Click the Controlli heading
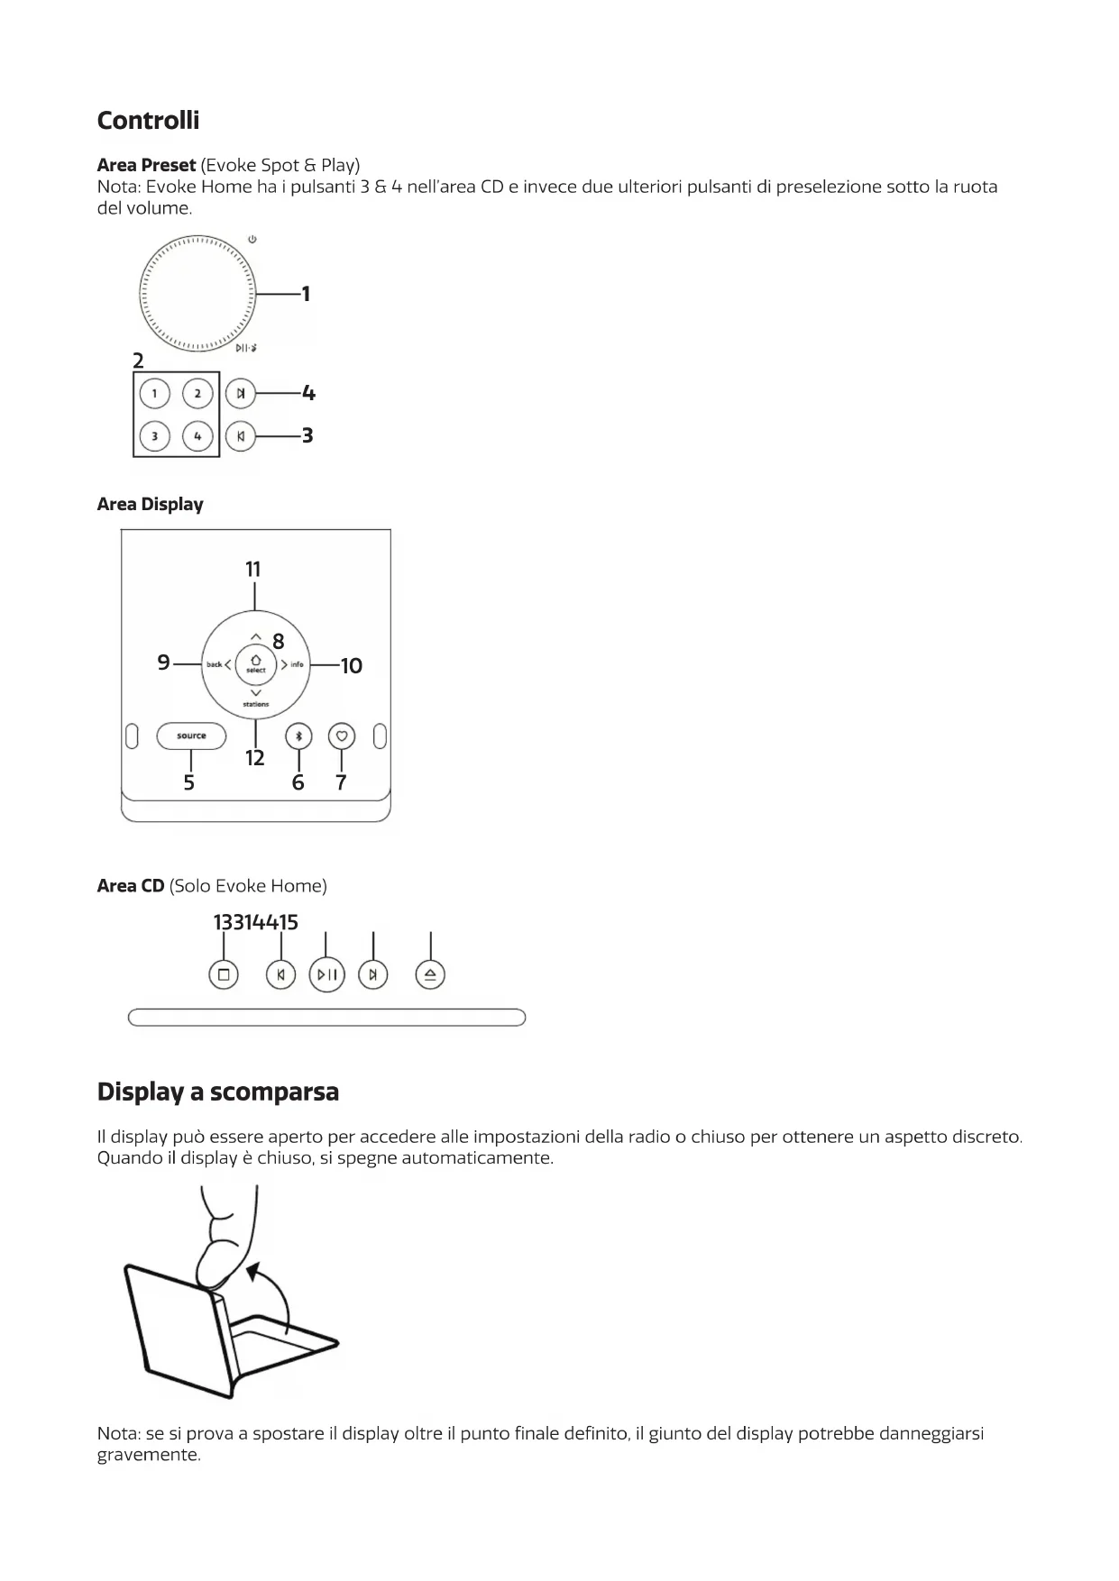click(x=148, y=120)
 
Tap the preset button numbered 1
click(x=155, y=394)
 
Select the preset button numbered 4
click(x=197, y=436)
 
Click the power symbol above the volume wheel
click(x=252, y=240)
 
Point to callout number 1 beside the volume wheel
click(x=306, y=294)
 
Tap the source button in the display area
click(x=191, y=736)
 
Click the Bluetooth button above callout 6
click(x=298, y=736)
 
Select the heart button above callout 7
click(x=342, y=736)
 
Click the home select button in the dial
click(x=256, y=663)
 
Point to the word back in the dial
click(x=214, y=665)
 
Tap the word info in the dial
click(x=297, y=665)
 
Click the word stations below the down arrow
click(x=256, y=704)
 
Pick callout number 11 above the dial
click(x=253, y=570)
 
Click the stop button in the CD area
click(x=224, y=974)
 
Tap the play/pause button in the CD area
click(x=327, y=974)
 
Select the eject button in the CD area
click(x=431, y=974)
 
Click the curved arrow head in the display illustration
click(x=254, y=1272)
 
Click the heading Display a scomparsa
click(x=218, y=1092)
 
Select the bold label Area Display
click(x=150, y=504)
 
